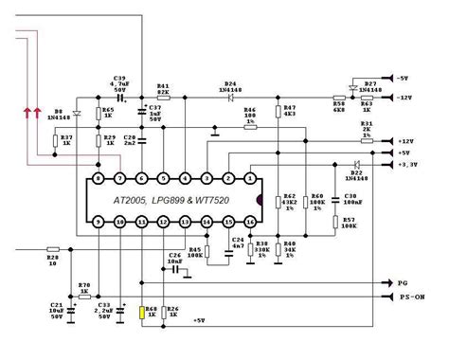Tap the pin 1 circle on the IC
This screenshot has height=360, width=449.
click(249, 178)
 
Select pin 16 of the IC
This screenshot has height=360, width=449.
click(249, 222)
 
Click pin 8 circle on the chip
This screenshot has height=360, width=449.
click(98, 178)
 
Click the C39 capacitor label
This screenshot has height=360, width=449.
click(119, 79)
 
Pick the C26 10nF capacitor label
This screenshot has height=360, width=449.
click(173, 258)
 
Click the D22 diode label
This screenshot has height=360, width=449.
click(356, 175)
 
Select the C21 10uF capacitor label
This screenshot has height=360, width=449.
click(55, 310)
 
